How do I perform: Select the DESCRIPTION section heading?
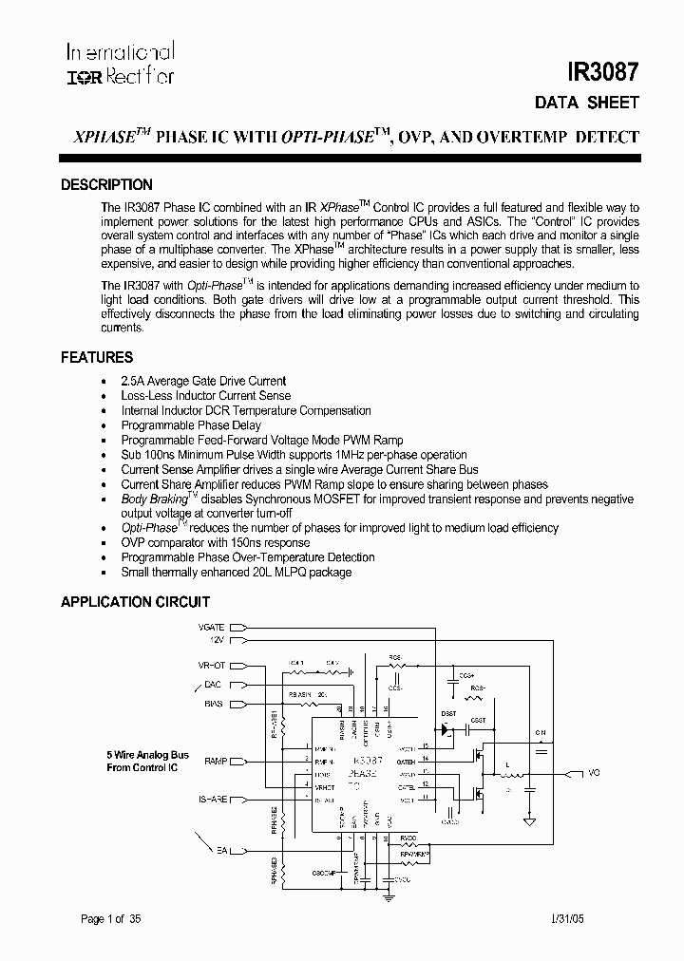pos(106,185)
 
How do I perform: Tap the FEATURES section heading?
pos(97,358)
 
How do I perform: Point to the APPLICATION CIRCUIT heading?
pos(135,602)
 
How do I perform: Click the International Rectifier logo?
pos(120,64)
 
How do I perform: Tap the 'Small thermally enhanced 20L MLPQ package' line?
pos(237,573)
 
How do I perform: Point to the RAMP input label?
pos(215,762)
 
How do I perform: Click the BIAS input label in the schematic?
pos(215,704)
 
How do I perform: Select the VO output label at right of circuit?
pos(594,773)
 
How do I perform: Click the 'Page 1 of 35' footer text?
pos(111,918)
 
